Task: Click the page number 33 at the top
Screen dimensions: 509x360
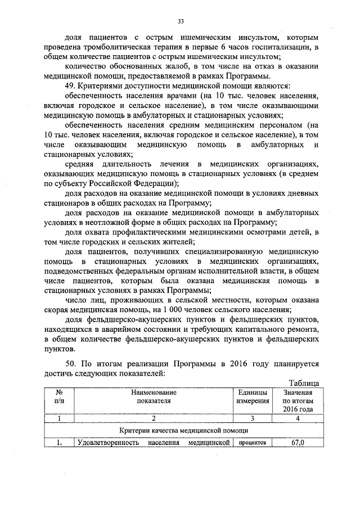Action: pyautogui.click(x=181, y=21)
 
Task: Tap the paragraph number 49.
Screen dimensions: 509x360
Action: pyautogui.click(x=71, y=85)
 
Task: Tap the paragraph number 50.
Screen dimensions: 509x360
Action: pyautogui.click(x=71, y=363)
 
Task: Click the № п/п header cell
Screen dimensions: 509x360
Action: pyautogui.click(x=58, y=397)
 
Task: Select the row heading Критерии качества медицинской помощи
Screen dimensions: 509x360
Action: pyautogui.click(x=184, y=430)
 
